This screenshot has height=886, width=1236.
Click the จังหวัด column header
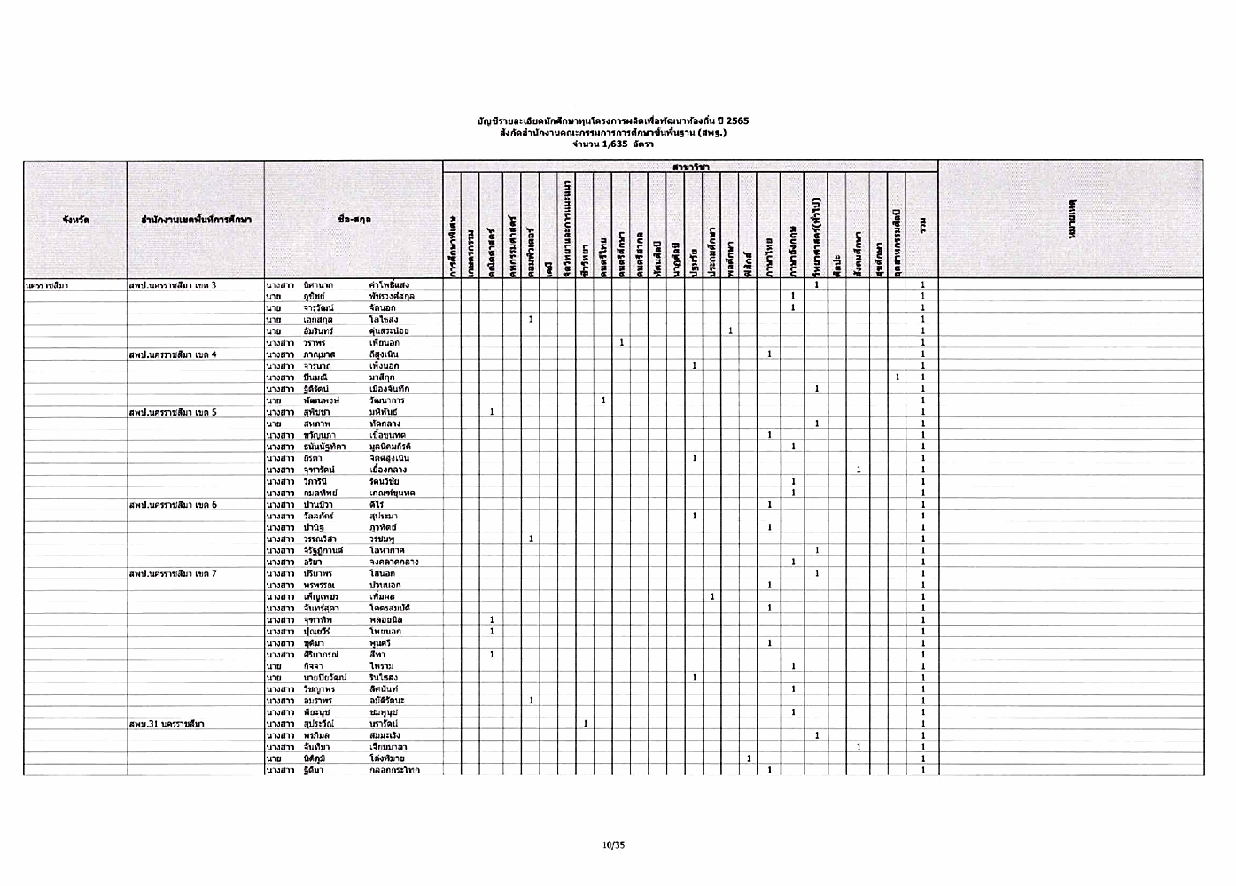(x=75, y=219)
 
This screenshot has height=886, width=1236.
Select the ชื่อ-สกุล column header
(x=354, y=219)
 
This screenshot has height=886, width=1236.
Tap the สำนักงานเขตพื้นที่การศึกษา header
(x=196, y=219)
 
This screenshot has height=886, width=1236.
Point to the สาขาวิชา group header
(x=690, y=167)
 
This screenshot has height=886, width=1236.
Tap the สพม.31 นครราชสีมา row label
(x=167, y=724)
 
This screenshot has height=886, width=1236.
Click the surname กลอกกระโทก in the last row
(x=394, y=770)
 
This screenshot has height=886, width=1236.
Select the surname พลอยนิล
(x=386, y=619)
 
